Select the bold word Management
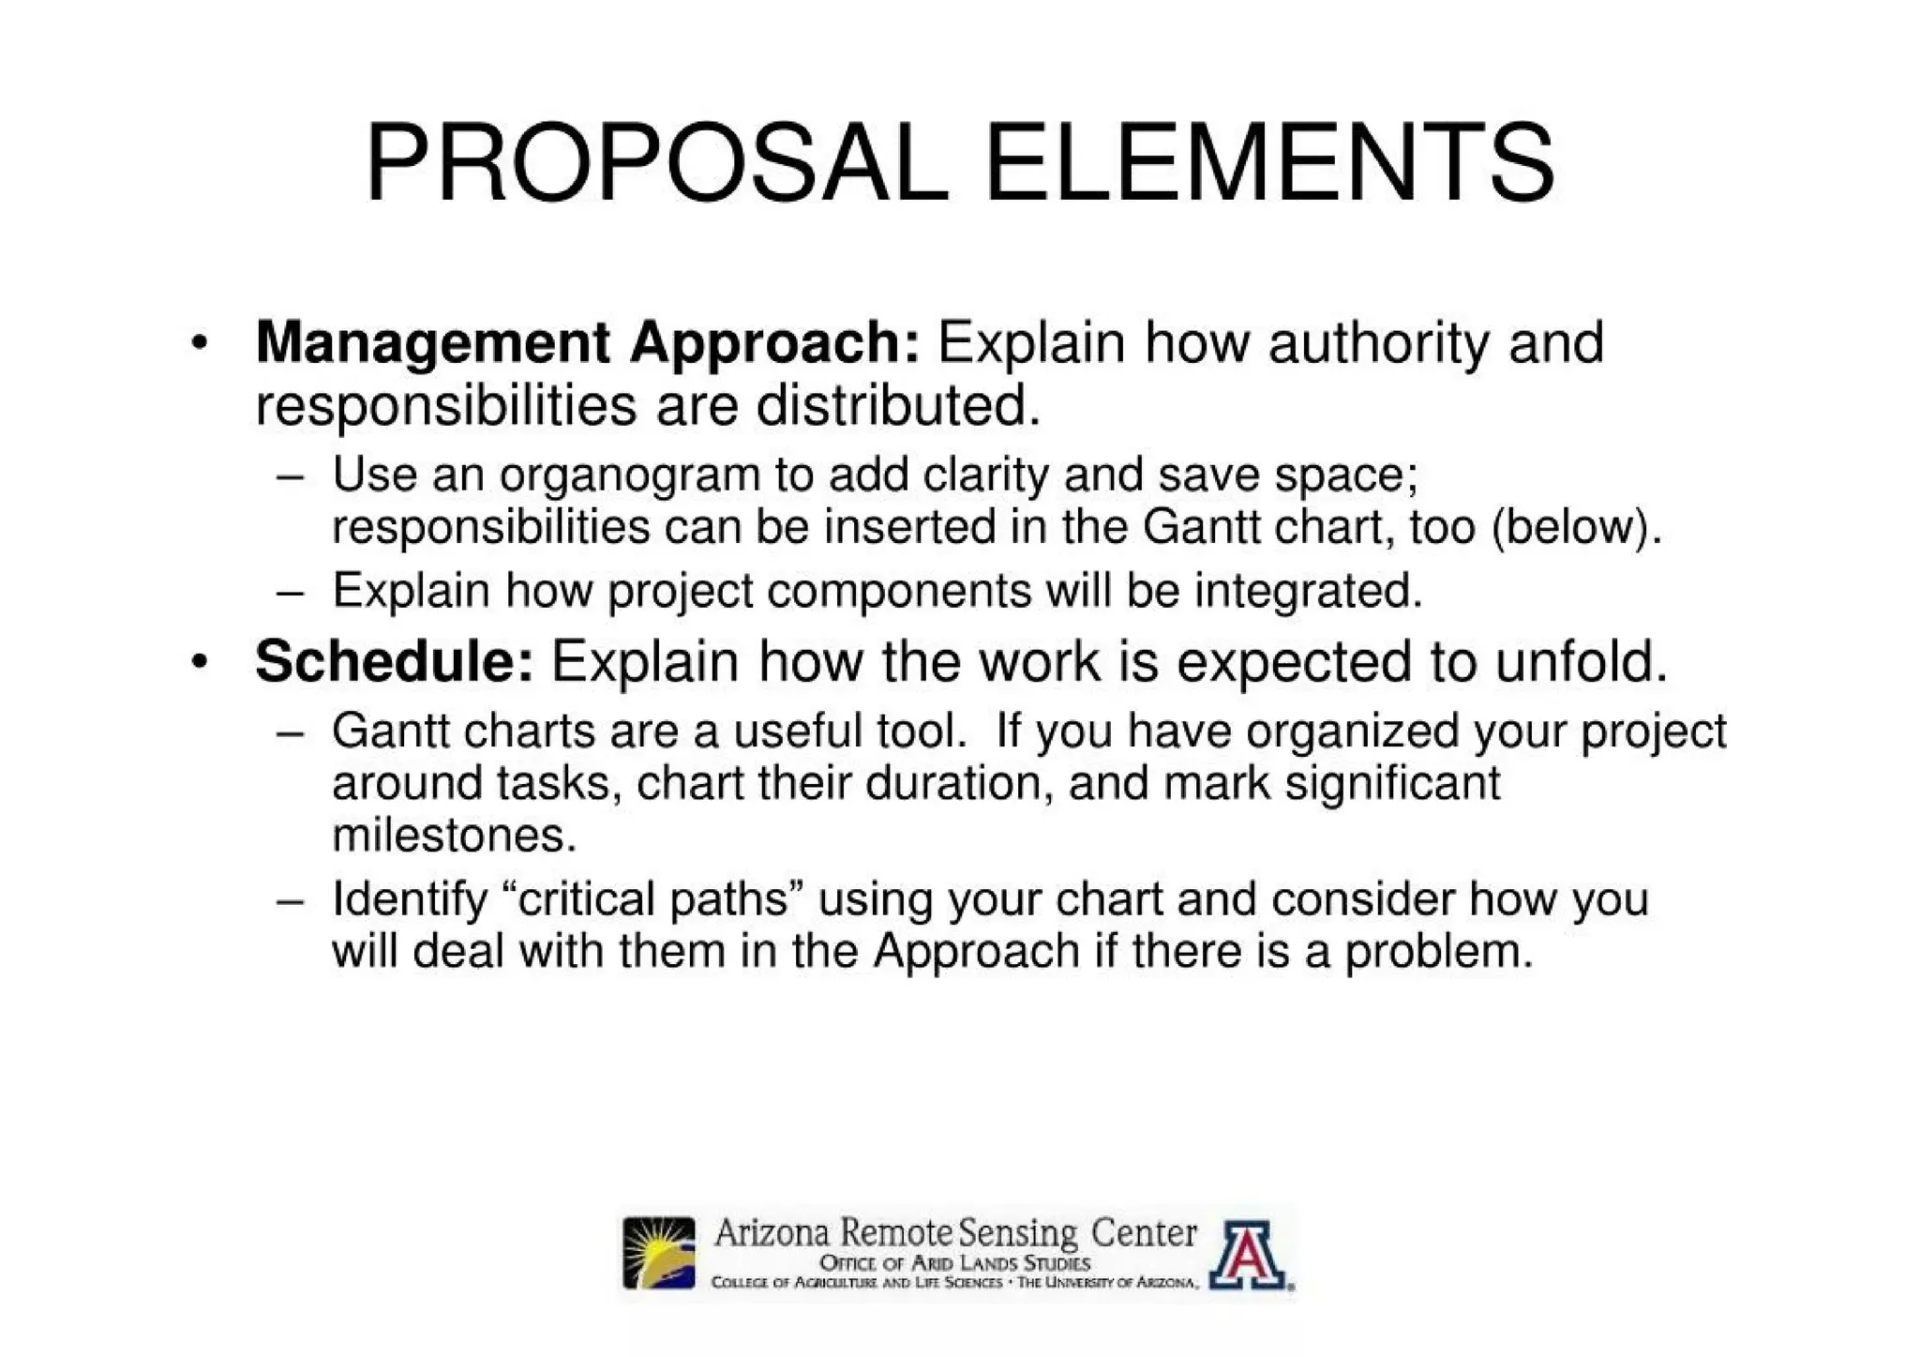tap(432, 342)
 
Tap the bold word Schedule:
tap(394, 661)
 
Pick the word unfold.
tap(1582, 661)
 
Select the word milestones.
tap(454, 835)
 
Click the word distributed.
tap(898, 406)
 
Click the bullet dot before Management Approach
tap(198, 344)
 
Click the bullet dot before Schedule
tap(198, 663)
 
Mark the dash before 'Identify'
tap(291, 901)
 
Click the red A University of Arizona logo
tap(1248, 1254)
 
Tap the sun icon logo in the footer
tap(659, 1253)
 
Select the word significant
tap(1392, 783)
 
